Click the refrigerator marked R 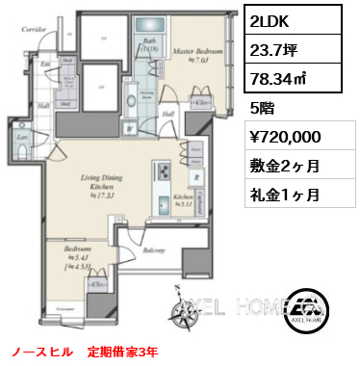click(196, 176)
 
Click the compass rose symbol click(180, 307)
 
